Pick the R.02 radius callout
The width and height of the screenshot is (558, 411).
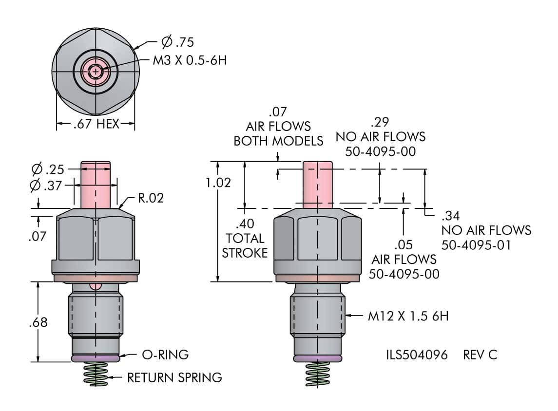tap(151, 198)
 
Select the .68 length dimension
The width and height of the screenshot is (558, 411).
tap(38, 322)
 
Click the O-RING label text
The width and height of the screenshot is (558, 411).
tap(165, 355)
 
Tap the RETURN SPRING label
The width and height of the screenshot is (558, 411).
tap(174, 377)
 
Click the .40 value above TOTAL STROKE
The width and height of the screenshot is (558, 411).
tap(245, 224)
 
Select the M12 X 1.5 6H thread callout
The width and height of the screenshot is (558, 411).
tap(408, 316)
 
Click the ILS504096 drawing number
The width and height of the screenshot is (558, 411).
tap(417, 355)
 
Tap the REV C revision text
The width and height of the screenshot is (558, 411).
tap(480, 355)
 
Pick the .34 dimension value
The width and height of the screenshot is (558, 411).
tap(451, 216)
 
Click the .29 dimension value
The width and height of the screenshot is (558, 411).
tap(380, 122)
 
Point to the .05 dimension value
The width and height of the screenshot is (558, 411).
tap(403, 244)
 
